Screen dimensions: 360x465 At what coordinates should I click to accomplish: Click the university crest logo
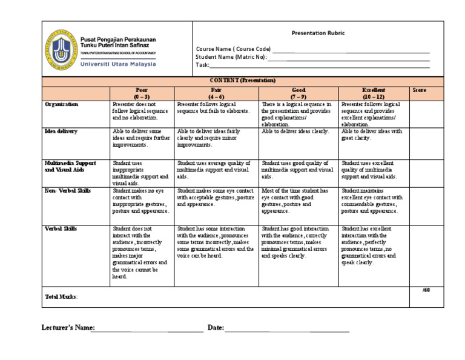pyautogui.click(x=61, y=48)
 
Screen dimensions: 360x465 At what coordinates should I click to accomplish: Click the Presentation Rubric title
pyautogui.click(x=318, y=33)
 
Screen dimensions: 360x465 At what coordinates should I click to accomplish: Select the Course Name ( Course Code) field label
pyautogui.click(x=233, y=49)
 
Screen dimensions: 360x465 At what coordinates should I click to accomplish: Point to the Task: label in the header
pyautogui.click(x=202, y=65)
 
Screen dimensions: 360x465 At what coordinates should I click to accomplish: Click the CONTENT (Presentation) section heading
pyautogui.click(x=242, y=80)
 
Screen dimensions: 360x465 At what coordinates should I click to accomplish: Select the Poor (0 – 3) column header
pyautogui.click(x=141, y=93)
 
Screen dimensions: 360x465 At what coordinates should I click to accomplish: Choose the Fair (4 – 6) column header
pyautogui.click(x=216, y=93)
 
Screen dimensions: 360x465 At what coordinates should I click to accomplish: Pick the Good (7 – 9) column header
pyautogui.click(x=298, y=93)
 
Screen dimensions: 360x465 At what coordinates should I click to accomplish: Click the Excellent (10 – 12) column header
pyautogui.click(x=373, y=93)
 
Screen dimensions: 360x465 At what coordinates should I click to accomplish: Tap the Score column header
pyautogui.click(x=419, y=90)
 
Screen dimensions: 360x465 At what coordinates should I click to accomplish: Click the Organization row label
pyautogui.click(x=62, y=104)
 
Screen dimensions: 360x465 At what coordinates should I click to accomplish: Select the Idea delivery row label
pyautogui.click(x=61, y=131)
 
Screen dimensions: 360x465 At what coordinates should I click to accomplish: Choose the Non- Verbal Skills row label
pyautogui.click(x=67, y=190)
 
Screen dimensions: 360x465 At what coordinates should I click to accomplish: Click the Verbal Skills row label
pyautogui.click(x=61, y=228)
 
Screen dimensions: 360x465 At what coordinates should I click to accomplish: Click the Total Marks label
pyautogui.click(x=61, y=297)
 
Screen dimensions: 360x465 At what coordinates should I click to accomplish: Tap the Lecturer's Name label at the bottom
pyautogui.click(x=68, y=328)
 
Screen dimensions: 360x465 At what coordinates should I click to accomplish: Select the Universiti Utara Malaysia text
pyautogui.click(x=118, y=64)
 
